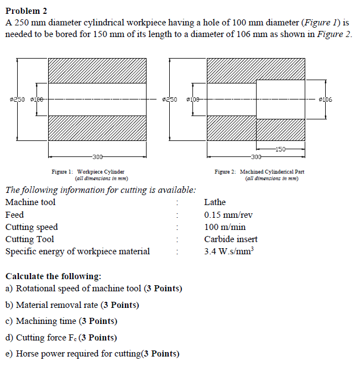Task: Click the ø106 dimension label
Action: (x=326, y=99)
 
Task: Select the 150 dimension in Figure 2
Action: (x=280, y=149)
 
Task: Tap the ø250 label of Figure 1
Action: (x=18, y=99)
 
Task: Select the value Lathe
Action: (x=215, y=202)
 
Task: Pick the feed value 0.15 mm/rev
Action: (x=228, y=214)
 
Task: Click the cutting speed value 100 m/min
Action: (x=225, y=227)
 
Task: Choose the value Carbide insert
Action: (x=231, y=239)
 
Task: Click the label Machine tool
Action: (x=30, y=202)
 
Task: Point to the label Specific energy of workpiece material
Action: (x=77, y=252)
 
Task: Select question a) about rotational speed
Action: (x=93, y=289)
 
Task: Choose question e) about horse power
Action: (x=92, y=354)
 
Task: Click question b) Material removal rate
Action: (x=72, y=305)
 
